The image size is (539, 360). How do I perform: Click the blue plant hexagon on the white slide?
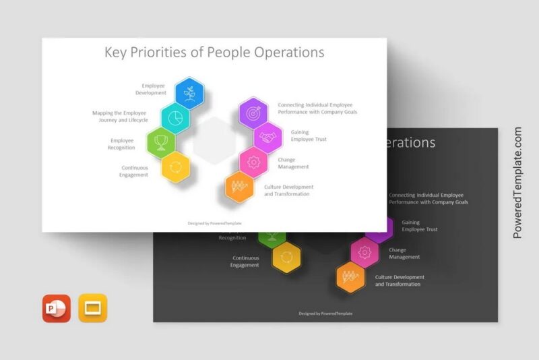click(x=189, y=94)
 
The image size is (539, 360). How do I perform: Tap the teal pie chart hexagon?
click(x=175, y=117)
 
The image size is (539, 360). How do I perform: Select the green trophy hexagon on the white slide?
click(x=161, y=142)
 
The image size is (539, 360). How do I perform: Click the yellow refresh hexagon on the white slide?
click(x=175, y=166)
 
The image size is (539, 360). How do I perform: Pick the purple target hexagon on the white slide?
click(x=254, y=113)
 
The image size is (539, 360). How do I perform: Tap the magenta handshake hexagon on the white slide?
click(x=268, y=138)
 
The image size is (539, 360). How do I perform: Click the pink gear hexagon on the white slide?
click(x=254, y=162)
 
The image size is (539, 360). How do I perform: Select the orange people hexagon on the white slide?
click(x=239, y=187)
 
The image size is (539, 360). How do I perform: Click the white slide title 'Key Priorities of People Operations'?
click(x=214, y=53)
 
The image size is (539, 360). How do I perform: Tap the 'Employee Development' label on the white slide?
click(x=154, y=89)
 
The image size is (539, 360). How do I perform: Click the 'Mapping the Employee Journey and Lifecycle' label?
click(x=121, y=116)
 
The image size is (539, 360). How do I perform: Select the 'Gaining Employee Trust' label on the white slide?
click(x=309, y=136)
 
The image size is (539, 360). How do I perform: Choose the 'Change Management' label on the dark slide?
click(x=404, y=253)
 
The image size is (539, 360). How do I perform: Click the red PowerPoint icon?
click(x=57, y=308)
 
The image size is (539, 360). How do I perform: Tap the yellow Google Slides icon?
click(x=93, y=308)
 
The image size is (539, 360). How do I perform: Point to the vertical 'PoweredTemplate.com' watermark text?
click(x=517, y=182)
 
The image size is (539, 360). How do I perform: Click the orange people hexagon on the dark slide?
click(x=351, y=276)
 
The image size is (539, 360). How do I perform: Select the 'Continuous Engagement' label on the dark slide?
click(x=245, y=262)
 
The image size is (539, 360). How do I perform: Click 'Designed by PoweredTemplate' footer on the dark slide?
click(x=325, y=313)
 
